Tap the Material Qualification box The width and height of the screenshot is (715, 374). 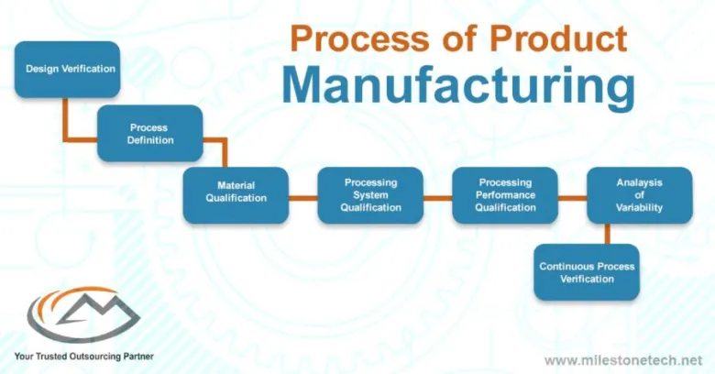tap(236, 194)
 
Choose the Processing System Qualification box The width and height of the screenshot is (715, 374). tap(370, 194)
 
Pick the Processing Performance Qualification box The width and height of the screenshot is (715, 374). tap(505, 194)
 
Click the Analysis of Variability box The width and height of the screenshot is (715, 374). tap(639, 194)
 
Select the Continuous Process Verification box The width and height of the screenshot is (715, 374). tap(587, 271)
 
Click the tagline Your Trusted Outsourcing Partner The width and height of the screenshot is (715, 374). tap(83, 355)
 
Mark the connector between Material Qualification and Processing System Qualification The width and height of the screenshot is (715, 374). tap(303, 195)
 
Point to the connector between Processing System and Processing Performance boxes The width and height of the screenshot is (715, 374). tap(438, 195)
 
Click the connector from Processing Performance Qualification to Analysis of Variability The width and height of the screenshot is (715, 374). tap(572, 195)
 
